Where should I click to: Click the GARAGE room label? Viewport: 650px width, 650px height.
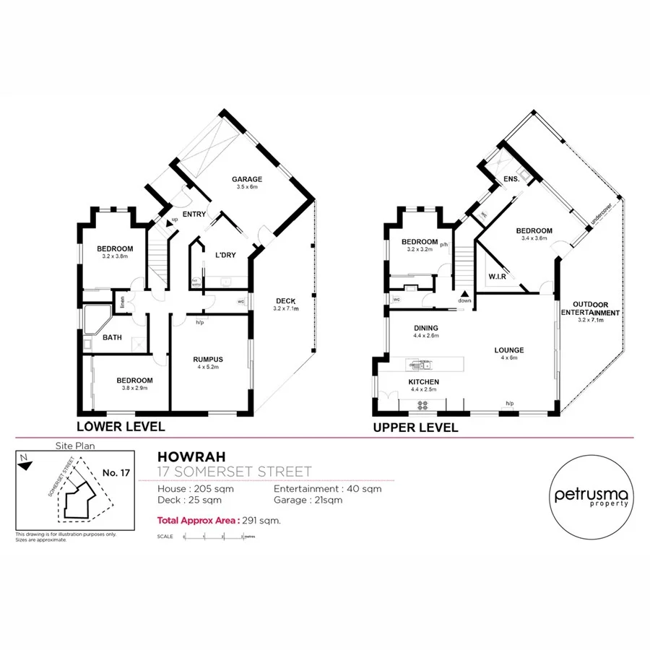pos(246,179)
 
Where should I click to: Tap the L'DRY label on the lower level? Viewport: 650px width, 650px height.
pos(225,254)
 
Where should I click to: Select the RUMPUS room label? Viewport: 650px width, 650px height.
pos(207,359)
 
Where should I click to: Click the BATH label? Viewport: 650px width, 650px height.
pos(112,337)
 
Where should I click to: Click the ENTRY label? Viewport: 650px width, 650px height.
pos(194,214)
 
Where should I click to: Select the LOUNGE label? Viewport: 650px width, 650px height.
pos(510,350)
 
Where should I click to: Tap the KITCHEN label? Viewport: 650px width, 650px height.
pos(424,382)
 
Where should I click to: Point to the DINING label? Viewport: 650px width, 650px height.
pos(425,328)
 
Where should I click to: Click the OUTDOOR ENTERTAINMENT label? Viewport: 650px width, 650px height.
pos(596,308)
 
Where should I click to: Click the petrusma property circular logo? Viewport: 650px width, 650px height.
pos(591,496)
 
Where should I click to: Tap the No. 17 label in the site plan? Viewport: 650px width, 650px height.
pos(116,472)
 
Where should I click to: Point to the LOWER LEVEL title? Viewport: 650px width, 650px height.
pos(121,426)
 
